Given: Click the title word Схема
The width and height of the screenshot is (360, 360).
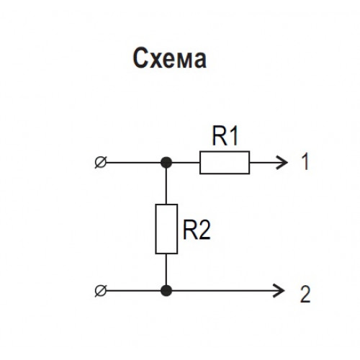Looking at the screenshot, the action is tap(169, 58).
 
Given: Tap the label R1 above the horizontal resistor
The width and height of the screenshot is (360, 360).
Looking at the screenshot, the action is tap(225, 136).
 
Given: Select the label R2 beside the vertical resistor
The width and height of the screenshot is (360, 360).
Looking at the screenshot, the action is tap(197, 230).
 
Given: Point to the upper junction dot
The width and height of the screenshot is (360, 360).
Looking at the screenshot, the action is tap(166, 163).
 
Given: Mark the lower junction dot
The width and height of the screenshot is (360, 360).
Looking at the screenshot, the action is tap(166, 291).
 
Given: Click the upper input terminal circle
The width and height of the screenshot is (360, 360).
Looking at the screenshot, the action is tap(101, 163).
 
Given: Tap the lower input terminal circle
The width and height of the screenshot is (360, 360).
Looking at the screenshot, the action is tap(101, 291).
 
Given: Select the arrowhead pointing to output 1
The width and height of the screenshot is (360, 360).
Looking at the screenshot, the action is tap(283, 163).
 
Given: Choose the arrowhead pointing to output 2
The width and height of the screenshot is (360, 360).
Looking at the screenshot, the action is tap(279, 291).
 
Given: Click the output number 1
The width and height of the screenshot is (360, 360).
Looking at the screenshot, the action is tap(305, 162).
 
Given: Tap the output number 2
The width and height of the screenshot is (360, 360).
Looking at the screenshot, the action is tap(305, 294).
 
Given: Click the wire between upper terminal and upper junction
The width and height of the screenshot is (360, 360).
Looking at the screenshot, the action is tap(133, 163).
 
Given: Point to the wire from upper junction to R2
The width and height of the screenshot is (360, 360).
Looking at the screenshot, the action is tap(166, 186).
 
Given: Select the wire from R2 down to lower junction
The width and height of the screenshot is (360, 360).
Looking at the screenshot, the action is tap(166, 269).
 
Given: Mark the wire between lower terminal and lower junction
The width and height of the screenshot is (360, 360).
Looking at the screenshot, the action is tap(133, 291).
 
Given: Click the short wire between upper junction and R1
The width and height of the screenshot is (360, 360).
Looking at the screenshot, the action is tap(186, 163).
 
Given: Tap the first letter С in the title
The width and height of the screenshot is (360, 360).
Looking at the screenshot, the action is tap(140, 58).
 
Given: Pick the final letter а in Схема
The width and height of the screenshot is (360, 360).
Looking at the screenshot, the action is tap(200, 60).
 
